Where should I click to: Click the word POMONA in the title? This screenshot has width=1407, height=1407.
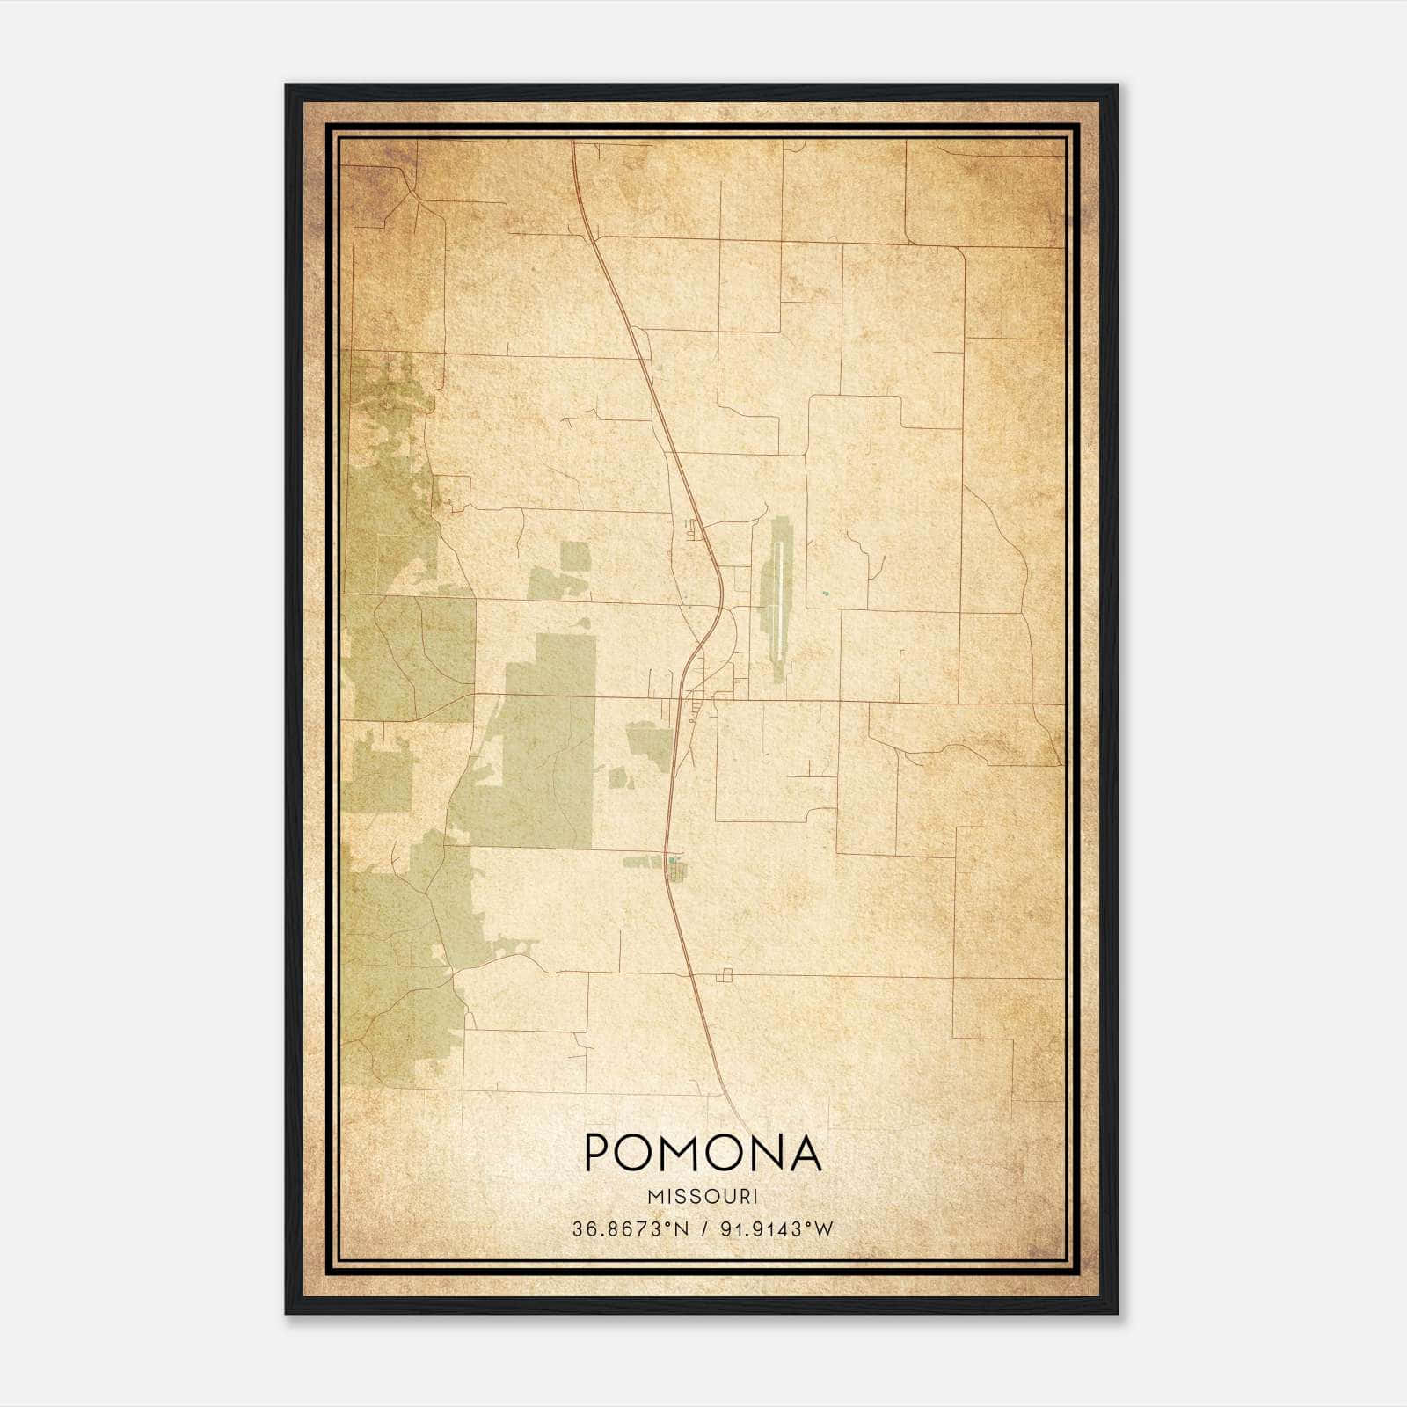click(703, 1153)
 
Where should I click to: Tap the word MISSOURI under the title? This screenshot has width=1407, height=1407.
click(703, 1197)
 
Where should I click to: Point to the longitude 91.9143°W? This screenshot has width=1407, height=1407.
click(776, 1229)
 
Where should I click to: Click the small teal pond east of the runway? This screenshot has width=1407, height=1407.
click(825, 594)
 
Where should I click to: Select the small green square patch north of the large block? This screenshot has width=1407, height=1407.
click(576, 557)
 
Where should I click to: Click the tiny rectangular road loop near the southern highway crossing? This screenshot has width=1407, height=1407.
click(725, 975)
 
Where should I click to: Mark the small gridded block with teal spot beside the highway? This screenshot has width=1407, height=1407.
click(675, 871)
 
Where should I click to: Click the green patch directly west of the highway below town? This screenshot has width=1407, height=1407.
click(649, 740)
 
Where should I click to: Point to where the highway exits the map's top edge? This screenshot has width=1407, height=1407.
click(573, 142)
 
